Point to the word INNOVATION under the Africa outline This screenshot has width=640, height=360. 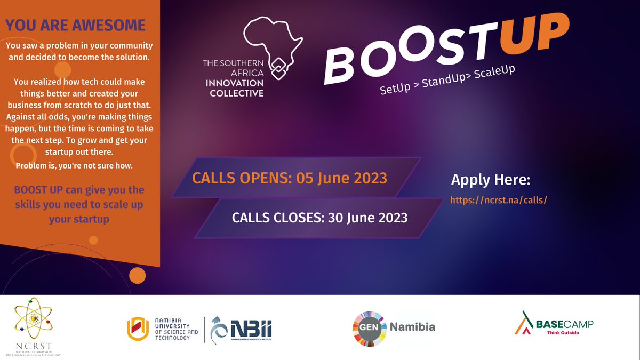pyautogui.click(x=233, y=84)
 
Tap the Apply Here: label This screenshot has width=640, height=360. pyautogui.click(x=491, y=180)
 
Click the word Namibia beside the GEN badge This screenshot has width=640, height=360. pyautogui.click(x=413, y=327)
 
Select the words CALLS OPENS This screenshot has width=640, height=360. pyautogui.click(x=238, y=178)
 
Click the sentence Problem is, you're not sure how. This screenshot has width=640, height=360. pyautogui.click(x=74, y=166)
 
